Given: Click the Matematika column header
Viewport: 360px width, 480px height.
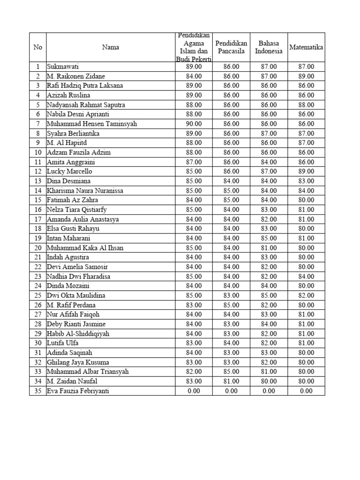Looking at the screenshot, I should pyautogui.click(x=306, y=47).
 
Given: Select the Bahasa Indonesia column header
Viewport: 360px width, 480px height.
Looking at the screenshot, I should pyautogui.click(x=269, y=47).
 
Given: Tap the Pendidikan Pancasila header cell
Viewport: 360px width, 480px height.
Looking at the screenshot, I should pyautogui.click(x=231, y=47).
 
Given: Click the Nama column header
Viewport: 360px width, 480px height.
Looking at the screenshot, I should pyautogui.click(x=111, y=47).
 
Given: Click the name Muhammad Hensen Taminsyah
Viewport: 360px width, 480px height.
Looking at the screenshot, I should pyautogui.click(x=91, y=124).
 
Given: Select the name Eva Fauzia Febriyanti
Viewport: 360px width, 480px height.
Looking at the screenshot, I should pyautogui.click(x=78, y=391).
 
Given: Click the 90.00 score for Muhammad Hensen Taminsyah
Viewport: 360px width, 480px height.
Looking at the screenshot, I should pyautogui.click(x=194, y=124).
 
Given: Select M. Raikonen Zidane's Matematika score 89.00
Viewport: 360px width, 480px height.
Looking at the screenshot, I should pyautogui.click(x=306, y=76).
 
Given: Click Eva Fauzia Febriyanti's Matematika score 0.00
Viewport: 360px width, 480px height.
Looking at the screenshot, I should pyautogui.click(x=306, y=391).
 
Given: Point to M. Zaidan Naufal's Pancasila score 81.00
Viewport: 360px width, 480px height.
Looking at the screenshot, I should pyautogui.click(x=231, y=381).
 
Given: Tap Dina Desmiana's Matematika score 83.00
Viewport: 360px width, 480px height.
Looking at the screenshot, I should pyautogui.click(x=306, y=181).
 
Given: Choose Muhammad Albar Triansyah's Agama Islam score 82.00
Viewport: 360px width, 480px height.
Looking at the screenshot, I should pyautogui.click(x=194, y=372).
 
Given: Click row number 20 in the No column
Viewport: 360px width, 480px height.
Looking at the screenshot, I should pyautogui.click(x=38, y=248).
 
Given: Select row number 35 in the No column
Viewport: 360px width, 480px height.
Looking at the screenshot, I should pyautogui.click(x=38, y=391).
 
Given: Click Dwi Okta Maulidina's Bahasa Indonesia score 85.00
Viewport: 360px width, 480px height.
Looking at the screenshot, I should pyautogui.click(x=269, y=295).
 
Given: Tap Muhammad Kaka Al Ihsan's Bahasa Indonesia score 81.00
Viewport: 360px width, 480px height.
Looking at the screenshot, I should pyautogui.click(x=269, y=248).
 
